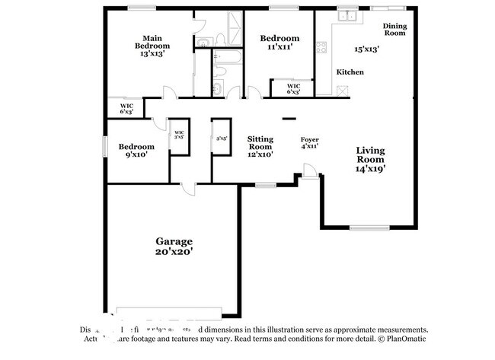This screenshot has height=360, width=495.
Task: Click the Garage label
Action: [x=174, y=240]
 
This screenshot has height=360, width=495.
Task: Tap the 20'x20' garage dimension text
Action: [x=174, y=250]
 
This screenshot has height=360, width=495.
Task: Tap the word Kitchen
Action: [x=350, y=72]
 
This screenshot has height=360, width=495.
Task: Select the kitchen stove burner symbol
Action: [x=321, y=46]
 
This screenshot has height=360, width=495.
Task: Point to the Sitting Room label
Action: [x=260, y=143]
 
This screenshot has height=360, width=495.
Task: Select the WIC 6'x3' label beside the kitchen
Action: [x=293, y=89]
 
